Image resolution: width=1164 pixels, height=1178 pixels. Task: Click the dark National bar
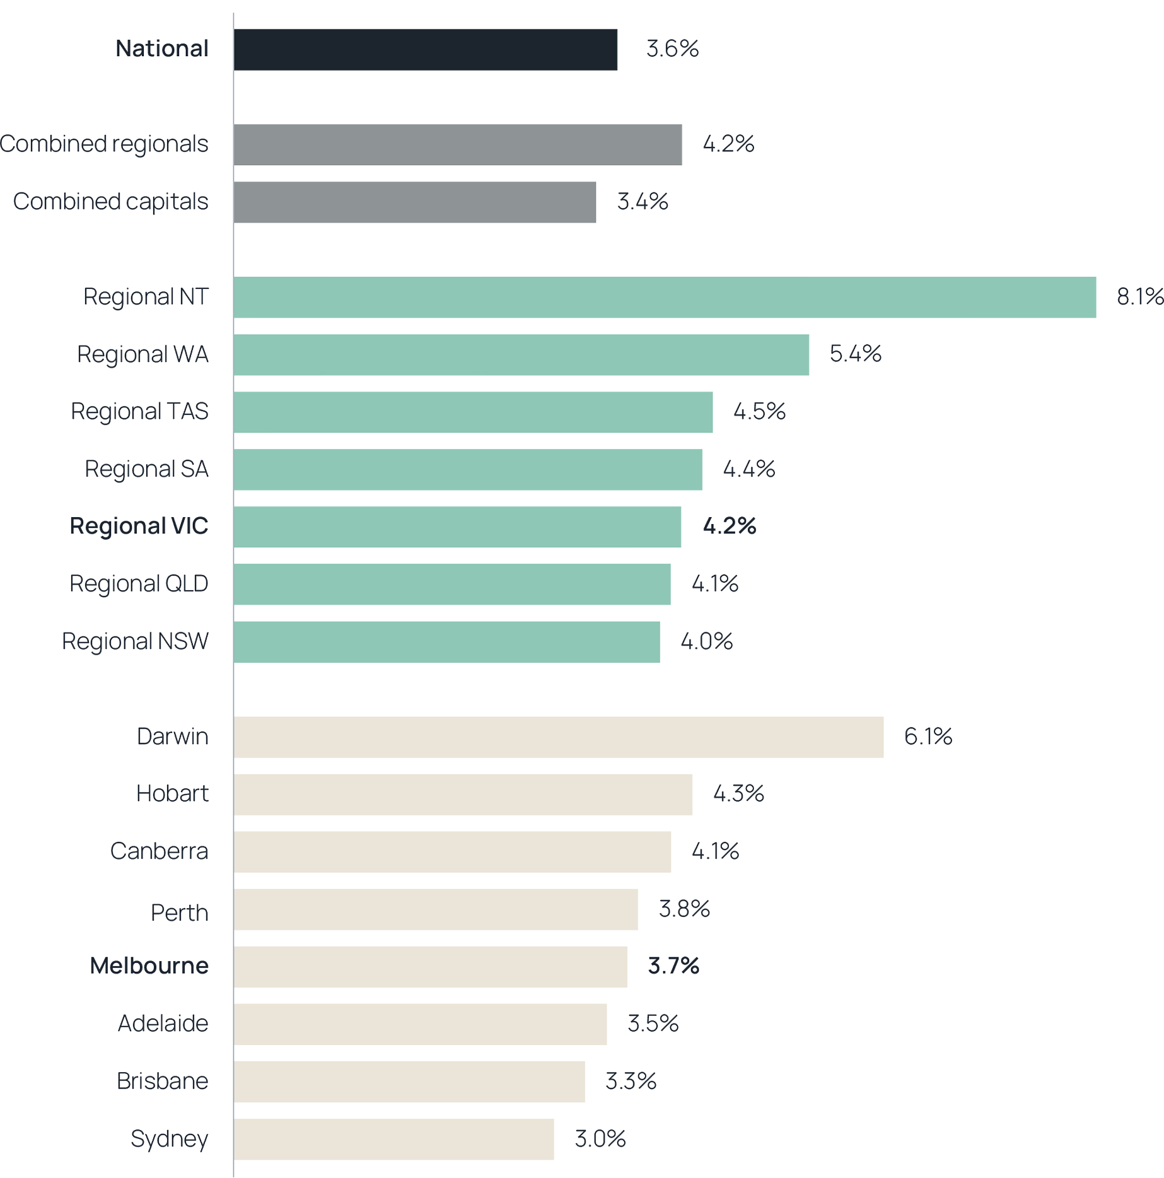(426, 49)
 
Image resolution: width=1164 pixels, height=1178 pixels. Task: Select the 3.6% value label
(672, 49)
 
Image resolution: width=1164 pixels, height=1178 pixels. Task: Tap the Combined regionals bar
(458, 144)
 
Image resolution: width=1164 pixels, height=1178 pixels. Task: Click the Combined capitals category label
(111, 202)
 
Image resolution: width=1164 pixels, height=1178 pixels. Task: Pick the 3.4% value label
(642, 202)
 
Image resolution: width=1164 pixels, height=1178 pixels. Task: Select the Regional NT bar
(665, 297)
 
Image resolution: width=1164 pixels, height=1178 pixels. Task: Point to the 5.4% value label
(855, 354)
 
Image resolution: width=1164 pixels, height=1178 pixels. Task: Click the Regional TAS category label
(139, 412)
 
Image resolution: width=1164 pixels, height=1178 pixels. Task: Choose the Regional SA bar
(469, 469)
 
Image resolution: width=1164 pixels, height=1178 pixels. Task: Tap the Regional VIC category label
(139, 526)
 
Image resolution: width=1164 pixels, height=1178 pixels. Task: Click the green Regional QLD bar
(453, 584)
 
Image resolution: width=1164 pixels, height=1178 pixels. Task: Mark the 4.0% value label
(706, 642)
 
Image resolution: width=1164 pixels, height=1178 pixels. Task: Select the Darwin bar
(559, 737)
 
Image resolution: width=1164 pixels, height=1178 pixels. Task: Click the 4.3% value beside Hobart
(738, 793)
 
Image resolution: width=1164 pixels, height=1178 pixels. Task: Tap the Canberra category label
(160, 851)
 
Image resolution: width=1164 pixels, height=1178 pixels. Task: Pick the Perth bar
(436, 909)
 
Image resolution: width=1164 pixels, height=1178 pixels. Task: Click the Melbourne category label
(149, 966)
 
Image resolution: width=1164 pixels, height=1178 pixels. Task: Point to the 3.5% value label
(653, 1023)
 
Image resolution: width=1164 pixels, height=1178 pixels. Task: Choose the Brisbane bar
(410, 1082)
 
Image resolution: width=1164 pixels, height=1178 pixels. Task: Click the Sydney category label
(170, 1139)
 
